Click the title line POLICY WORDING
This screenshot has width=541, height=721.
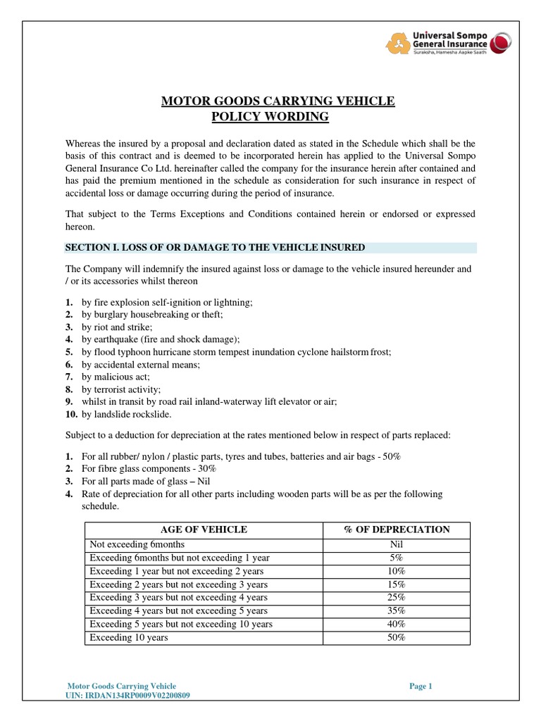270,116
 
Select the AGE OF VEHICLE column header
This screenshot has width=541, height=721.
204,529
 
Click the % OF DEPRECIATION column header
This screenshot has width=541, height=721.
397,529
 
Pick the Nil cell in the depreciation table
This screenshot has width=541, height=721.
397,544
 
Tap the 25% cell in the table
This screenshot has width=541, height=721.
397,597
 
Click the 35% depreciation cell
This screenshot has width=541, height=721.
397,610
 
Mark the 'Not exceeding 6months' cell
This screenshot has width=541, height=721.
137,544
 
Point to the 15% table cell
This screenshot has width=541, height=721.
397,584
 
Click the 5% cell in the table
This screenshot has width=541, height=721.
397,557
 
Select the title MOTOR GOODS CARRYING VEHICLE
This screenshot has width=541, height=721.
278,101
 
